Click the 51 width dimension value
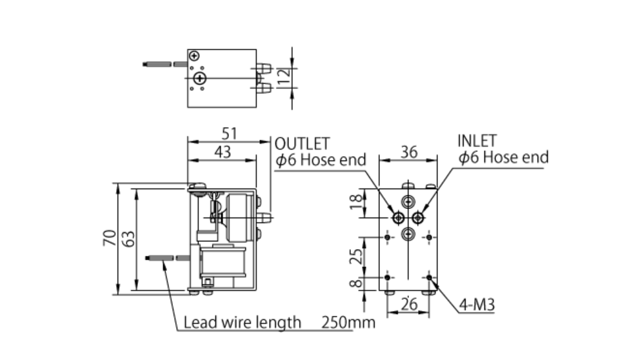(230, 134)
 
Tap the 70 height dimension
(110, 238)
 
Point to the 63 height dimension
(129, 238)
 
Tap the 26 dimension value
(409, 303)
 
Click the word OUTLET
(302, 143)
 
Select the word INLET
(477, 141)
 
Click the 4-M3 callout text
(477, 305)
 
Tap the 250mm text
(348, 323)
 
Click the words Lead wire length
(243, 322)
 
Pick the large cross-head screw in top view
(201, 79)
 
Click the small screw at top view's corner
(194, 56)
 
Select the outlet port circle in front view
(397, 217)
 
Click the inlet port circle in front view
(418, 217)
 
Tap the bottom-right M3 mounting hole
(430, 277)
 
